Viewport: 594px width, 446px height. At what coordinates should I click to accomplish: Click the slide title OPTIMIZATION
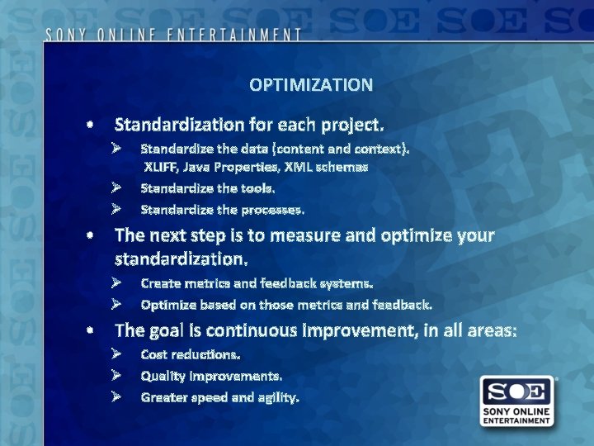coord(310,85)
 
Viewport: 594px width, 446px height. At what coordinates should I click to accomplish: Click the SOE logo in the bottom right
coord(517,401)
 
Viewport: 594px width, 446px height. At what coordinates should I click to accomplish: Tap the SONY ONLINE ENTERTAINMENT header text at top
coord(173,35)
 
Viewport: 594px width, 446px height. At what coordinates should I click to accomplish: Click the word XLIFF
coord(163,167)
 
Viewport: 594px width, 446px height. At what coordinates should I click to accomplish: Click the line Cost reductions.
coord(191,354)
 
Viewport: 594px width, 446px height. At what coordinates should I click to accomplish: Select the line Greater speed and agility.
coord(219,397)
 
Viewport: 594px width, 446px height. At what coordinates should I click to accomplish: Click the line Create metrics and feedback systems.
coord(257,283)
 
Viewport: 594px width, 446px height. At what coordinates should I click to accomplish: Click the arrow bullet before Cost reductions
coord(117,354)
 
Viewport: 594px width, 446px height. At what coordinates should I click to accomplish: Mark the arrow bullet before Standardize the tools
coord(117,188)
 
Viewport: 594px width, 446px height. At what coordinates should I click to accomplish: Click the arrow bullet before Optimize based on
coord(117,305)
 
